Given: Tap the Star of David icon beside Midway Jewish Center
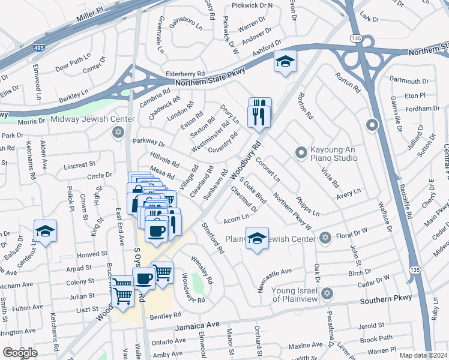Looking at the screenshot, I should coord(118,132).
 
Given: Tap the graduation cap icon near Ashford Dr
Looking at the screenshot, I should coord(285,61).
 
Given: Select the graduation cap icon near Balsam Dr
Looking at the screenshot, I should coord(45,231).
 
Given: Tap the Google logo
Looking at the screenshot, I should coord(20,352).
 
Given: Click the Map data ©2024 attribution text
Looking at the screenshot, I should coord(423,355).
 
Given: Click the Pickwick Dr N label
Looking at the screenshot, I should coord(253,5).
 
